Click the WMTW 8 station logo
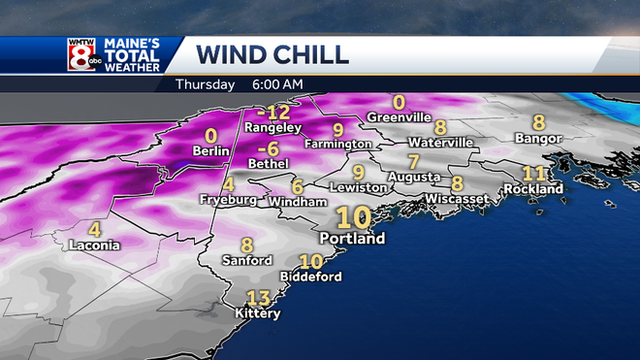click(x=81, y=54)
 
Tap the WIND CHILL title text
click(x=272, y=54)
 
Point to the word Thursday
click(x=205, y=84)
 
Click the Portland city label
click(x=353, y=238)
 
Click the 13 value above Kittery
click(x=258, y=298)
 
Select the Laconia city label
click(x=94, y=245)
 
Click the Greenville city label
click(x=399, y=118)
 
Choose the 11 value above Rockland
click(x=534, y=173)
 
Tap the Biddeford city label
click(x=310, y=277)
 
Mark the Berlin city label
click(x=210, y=151)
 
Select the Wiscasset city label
click(x=456, y=198)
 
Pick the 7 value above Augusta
click(x=413, y=161)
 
